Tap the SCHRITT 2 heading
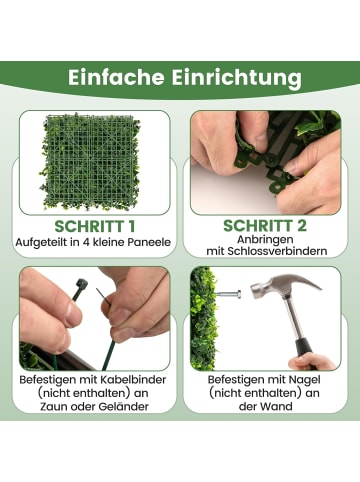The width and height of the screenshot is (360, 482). pyautogui.click(x=264, y=225)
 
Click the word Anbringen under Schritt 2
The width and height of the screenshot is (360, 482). pyautogui.click(x=264, y=241)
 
